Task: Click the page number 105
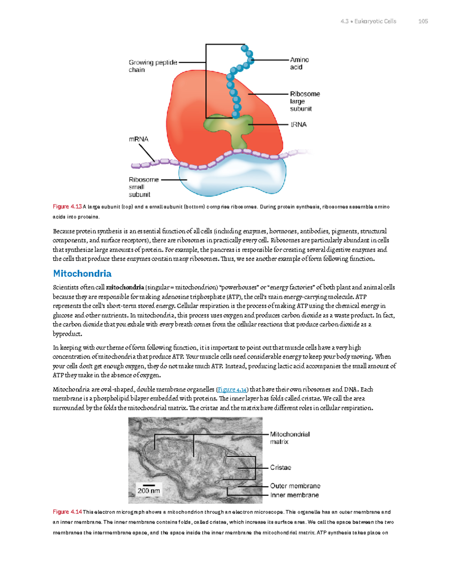[x=423, y=21]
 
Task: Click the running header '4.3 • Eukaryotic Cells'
[x=368, y=21]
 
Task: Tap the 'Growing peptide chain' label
[x=153, y=66]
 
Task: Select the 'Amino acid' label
[x=299, y=63]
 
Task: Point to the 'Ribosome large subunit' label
[x=305, y=101]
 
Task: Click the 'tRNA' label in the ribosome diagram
[x=299, y=124]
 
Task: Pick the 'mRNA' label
[x=138, y=139]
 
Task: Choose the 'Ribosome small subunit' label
[x=143, y=187]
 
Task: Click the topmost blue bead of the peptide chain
[x=245, y=48]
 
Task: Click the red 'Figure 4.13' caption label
[x=67, y=206]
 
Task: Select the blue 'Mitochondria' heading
[x=82, y=274]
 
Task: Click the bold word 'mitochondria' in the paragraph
[x=125, y=287]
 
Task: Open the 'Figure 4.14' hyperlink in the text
[x=232, y=389]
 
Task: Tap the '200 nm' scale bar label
[x=149, y=491]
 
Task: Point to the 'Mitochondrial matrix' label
[x=290, y=438]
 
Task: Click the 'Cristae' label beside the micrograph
[x=281, y=467]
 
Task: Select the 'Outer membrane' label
[x=295, y=486]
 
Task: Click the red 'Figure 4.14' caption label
[x=67, y=512]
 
